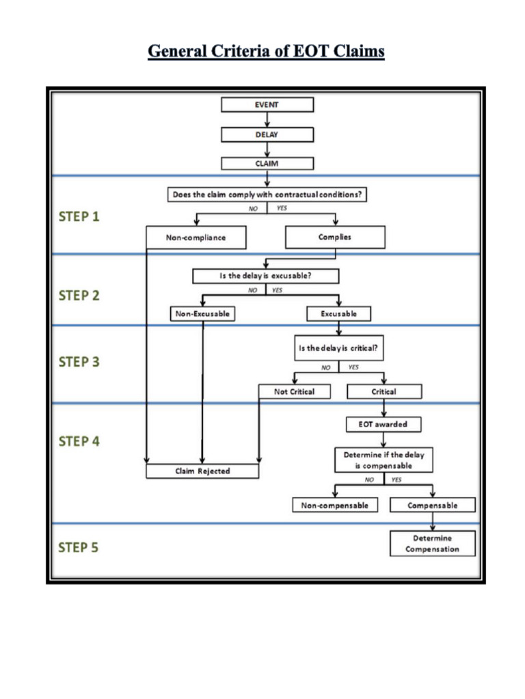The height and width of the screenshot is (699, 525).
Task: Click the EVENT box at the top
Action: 267,104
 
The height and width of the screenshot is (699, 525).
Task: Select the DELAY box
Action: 267,134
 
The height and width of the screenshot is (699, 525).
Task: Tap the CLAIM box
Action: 267,163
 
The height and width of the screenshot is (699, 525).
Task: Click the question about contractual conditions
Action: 267,195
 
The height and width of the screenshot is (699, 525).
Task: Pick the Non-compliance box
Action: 196,238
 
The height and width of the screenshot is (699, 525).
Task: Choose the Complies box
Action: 335,237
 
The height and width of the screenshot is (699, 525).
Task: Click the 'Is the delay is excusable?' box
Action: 267,276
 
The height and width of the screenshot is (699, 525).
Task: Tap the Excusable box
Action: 338,314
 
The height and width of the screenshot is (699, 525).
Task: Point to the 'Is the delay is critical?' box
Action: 338,347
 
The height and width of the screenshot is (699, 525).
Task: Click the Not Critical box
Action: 294,392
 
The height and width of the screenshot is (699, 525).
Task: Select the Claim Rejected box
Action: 202,471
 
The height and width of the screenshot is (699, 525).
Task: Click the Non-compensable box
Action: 334,505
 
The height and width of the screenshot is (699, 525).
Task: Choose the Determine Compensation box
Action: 432,543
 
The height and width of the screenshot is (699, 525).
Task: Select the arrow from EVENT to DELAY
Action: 267,119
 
